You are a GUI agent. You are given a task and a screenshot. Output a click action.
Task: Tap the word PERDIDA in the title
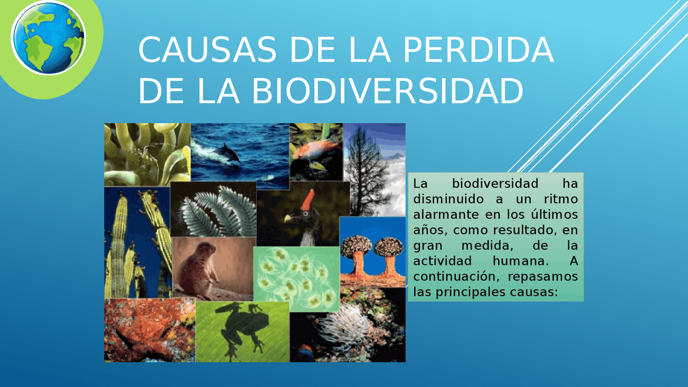pyautogui.click(x=478, y=50)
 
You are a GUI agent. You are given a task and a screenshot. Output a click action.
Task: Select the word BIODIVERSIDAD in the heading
pyautogui.click(x=387, y=91)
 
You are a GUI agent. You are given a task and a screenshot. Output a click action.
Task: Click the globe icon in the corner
pyautogui.click(x=48, y=38)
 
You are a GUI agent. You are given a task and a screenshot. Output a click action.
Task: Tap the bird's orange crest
pyautogui.click(x=308, y=200)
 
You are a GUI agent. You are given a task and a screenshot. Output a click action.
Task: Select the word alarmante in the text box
pyautogui.click(x=441, y=214)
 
